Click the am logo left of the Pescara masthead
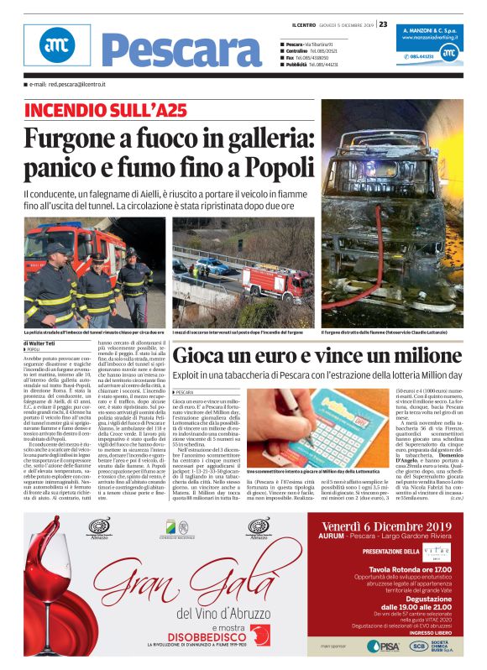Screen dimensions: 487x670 coord(45,45)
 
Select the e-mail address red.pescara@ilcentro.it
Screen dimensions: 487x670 coord(76,85)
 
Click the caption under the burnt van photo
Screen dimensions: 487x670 coord(391,333)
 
